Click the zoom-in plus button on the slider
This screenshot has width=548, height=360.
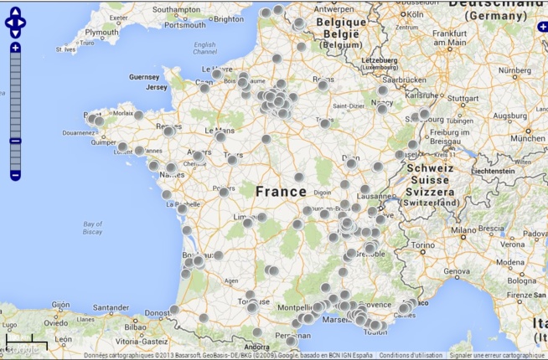pos(15,48)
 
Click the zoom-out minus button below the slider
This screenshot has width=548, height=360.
pos(15,175)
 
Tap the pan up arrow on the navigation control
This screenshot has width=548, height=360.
pos(15,12)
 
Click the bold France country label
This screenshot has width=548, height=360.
pos(281,192)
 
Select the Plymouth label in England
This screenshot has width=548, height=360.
pos(102,32)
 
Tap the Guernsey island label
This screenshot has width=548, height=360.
pos(143,76)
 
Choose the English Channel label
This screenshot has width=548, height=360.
pos(204,49)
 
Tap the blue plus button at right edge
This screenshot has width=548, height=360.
pos(543,28)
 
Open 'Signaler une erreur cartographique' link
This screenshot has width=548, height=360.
pos(497,355)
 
